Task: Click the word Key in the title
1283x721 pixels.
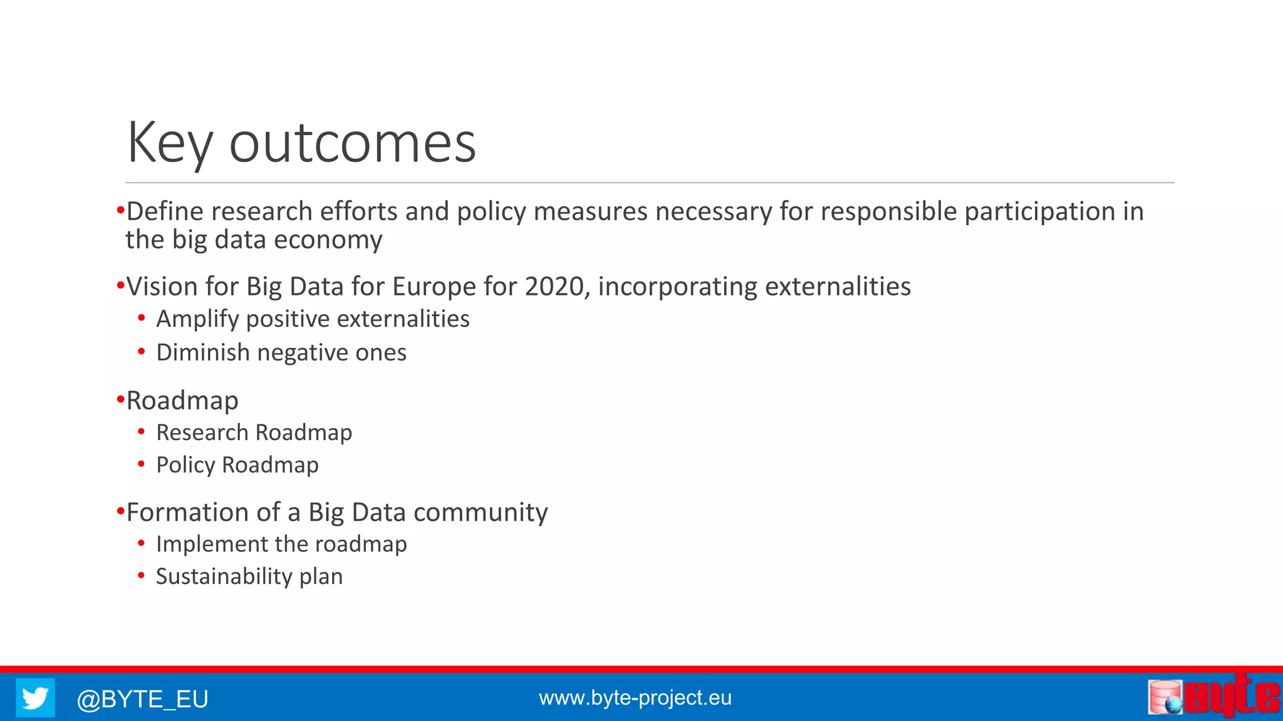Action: click(169, 144)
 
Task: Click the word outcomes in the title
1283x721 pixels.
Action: click(352, 144)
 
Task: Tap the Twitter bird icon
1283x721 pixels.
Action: click(35, 697)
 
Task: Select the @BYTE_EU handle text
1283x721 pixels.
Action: click(142, 698)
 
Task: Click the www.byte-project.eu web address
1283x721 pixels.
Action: click(635, 697)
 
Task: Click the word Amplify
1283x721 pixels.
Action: click(197, 319)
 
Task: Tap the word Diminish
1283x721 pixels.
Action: click(202, 352)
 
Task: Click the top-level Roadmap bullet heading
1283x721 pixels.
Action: click(182, 401)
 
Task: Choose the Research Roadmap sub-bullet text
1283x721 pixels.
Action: click(254, 432)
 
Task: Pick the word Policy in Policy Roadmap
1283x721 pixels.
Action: click(185, 465)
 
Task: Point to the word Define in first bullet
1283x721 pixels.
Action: click(165, 212)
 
